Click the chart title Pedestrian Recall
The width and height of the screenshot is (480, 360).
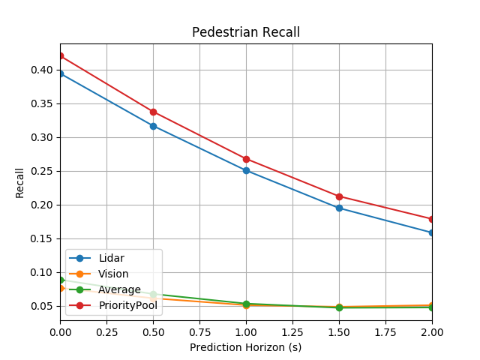coord(246,32)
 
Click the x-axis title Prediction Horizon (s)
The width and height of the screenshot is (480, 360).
coord(246,347)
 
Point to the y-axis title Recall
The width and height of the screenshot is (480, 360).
coord(20,182)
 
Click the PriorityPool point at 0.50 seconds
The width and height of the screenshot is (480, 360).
coord(153,112)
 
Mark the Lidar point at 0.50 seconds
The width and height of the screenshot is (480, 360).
coord(153,126)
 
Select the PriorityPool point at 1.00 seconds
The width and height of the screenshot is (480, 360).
coord(246,159)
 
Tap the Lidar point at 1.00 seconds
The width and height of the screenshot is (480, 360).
coord(246,170)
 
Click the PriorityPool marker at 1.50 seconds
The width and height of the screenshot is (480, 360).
coord(339,196)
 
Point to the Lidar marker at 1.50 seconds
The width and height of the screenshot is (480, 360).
coord(339,208)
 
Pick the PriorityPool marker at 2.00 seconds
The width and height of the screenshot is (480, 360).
coord(432,219)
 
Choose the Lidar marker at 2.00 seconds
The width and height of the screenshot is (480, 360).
coord(432,232)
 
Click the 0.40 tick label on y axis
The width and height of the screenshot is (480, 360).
coord(42,70)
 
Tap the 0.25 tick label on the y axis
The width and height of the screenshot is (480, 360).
coord(42,171)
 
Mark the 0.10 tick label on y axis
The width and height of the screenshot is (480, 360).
coord(42,272)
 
